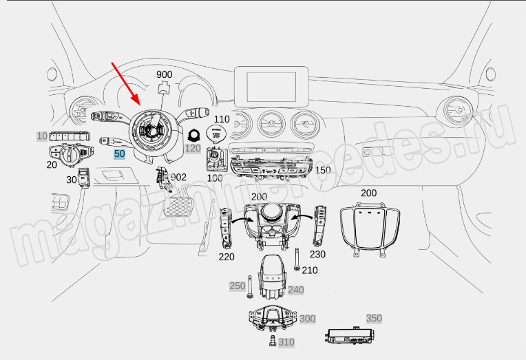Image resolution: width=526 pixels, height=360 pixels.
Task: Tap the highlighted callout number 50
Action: (120, 154)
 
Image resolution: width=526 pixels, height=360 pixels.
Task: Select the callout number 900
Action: (165, 74)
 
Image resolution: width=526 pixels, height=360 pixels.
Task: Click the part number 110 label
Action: (222, 119)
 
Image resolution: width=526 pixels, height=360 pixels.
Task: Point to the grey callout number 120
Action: (192, 148)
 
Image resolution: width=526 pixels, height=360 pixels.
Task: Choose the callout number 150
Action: (323, 170)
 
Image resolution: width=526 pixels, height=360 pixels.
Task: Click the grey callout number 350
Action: (374, 318)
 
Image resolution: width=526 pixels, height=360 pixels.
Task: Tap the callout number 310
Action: (286, 342)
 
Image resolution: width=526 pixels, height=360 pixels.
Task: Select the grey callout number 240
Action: (295, 290)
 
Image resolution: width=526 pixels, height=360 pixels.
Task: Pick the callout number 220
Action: (227, 257)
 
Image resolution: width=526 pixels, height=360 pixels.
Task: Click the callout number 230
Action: (318, 254)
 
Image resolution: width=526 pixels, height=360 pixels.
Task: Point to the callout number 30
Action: (72, 180)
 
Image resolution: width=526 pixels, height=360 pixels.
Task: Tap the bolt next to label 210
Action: (296, 260)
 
